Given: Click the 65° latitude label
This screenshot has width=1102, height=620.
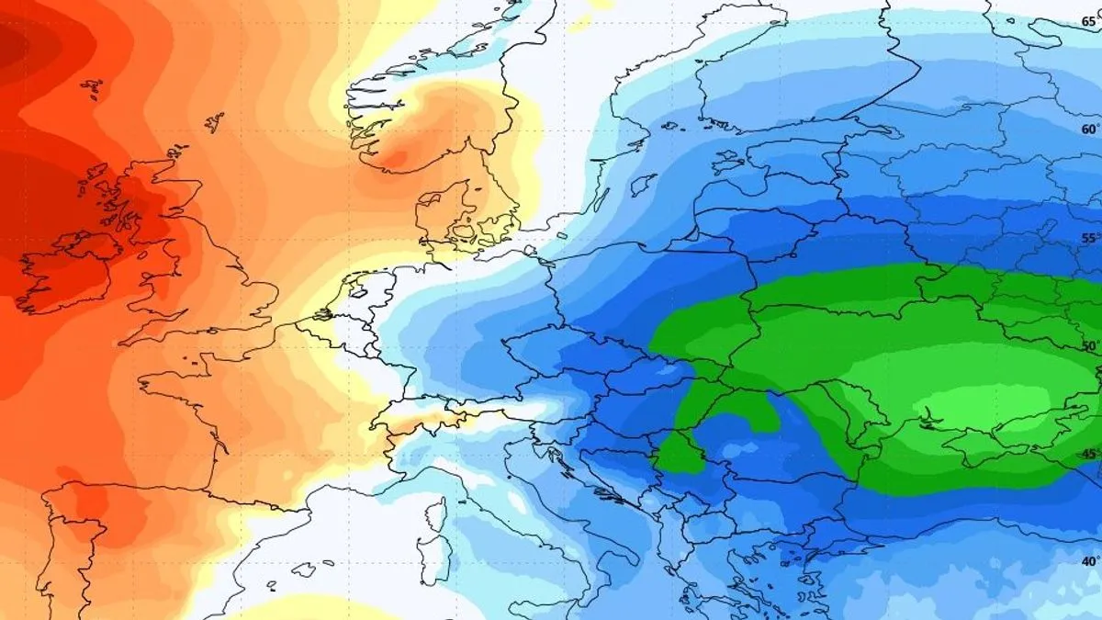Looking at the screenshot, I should (1089, 21).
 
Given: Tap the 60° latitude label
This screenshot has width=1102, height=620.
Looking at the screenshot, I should (1089, 130).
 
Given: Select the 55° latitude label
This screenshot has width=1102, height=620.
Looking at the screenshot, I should (1089, 238).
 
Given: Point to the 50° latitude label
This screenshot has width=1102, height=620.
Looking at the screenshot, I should (1089, 346).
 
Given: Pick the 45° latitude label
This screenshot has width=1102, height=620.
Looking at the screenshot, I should (1089, 454).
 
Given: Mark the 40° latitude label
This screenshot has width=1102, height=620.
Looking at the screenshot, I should (1089, 560).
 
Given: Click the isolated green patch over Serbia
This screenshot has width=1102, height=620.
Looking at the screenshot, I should (680, 454).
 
